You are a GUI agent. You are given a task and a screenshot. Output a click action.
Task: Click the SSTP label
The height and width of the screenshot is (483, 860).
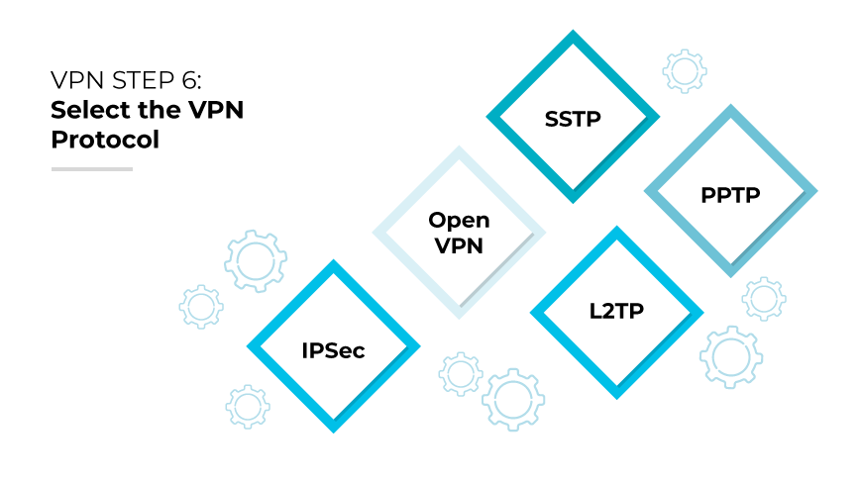click(x=573, y=119)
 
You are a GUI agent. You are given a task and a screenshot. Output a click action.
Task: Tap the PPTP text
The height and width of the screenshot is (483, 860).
click(x=730, y=195)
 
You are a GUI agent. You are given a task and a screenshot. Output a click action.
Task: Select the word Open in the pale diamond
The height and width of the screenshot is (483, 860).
click(x=459, y=221)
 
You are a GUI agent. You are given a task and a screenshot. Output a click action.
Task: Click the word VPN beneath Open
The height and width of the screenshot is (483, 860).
click(x=459, y=245)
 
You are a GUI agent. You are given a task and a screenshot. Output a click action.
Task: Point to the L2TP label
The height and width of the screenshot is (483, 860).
click(x=616, y=313)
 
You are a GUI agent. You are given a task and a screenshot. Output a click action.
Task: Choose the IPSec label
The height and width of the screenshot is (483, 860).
click(x=333, y=350)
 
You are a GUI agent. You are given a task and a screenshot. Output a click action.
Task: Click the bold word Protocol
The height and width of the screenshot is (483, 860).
click(x=105, y=140)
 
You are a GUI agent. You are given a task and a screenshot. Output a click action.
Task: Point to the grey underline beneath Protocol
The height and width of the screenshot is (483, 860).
click(x=91, y=168)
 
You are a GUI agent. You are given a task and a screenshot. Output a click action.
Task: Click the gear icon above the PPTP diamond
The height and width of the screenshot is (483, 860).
click(x=684, y=71)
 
